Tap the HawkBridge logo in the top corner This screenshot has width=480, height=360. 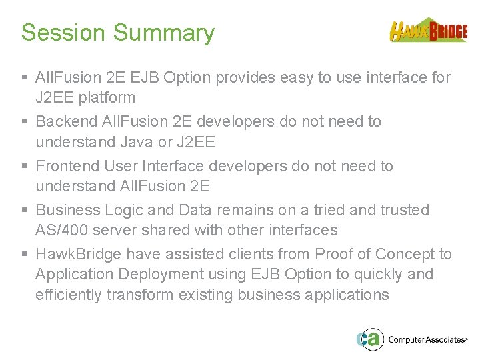(x=429, y=30)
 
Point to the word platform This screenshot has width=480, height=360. (x=107, y=98)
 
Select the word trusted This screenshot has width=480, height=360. (x=405, y=210)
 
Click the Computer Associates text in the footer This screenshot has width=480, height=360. (x=427, y=339)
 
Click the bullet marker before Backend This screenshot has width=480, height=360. (x=25, y=122)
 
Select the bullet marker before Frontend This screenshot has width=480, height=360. (x=25, y=166)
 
